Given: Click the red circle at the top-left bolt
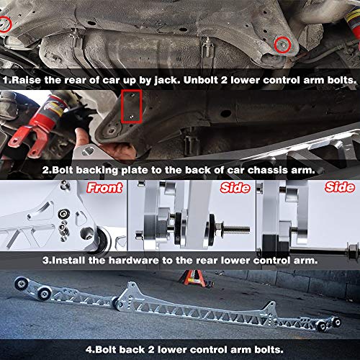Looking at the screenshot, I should [6, 24].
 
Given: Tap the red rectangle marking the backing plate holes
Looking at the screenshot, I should [131, 106].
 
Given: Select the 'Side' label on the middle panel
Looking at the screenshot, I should [232, 189].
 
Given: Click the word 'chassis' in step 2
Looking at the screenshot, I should [262, 171].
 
